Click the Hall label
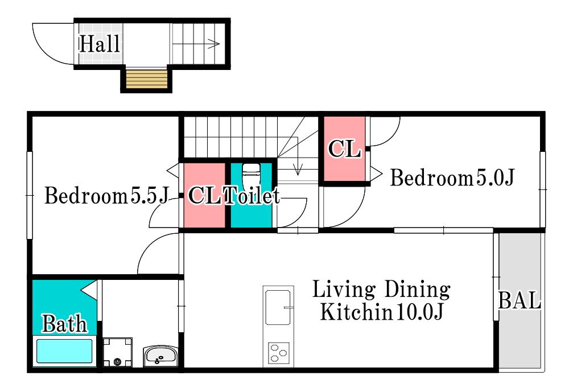point(100,44)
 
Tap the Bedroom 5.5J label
point(107,195)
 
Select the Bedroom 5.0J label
point(452,178)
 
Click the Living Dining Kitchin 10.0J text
point(381,300)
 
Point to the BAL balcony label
point(520,300)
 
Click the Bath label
point(64,324)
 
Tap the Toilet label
point(252,195)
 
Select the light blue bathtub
point(64,351)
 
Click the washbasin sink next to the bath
point(160,356)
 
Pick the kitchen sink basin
point(278,307)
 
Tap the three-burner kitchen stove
point(279,353)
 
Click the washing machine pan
point(117,352)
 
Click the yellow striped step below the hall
point(147,79)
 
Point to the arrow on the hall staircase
point(196,44)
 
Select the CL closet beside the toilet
point(204,195)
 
